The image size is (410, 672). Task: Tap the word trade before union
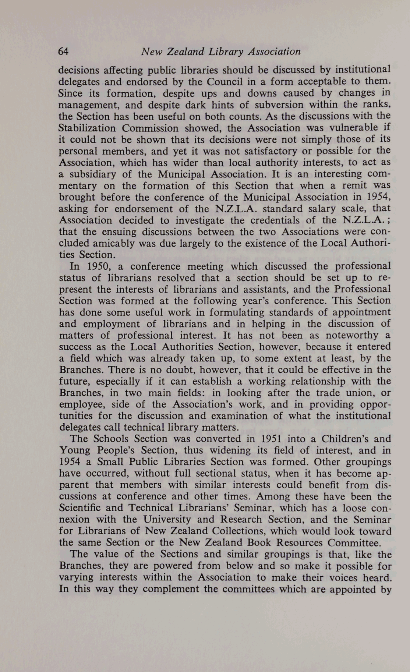pos(309,393)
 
